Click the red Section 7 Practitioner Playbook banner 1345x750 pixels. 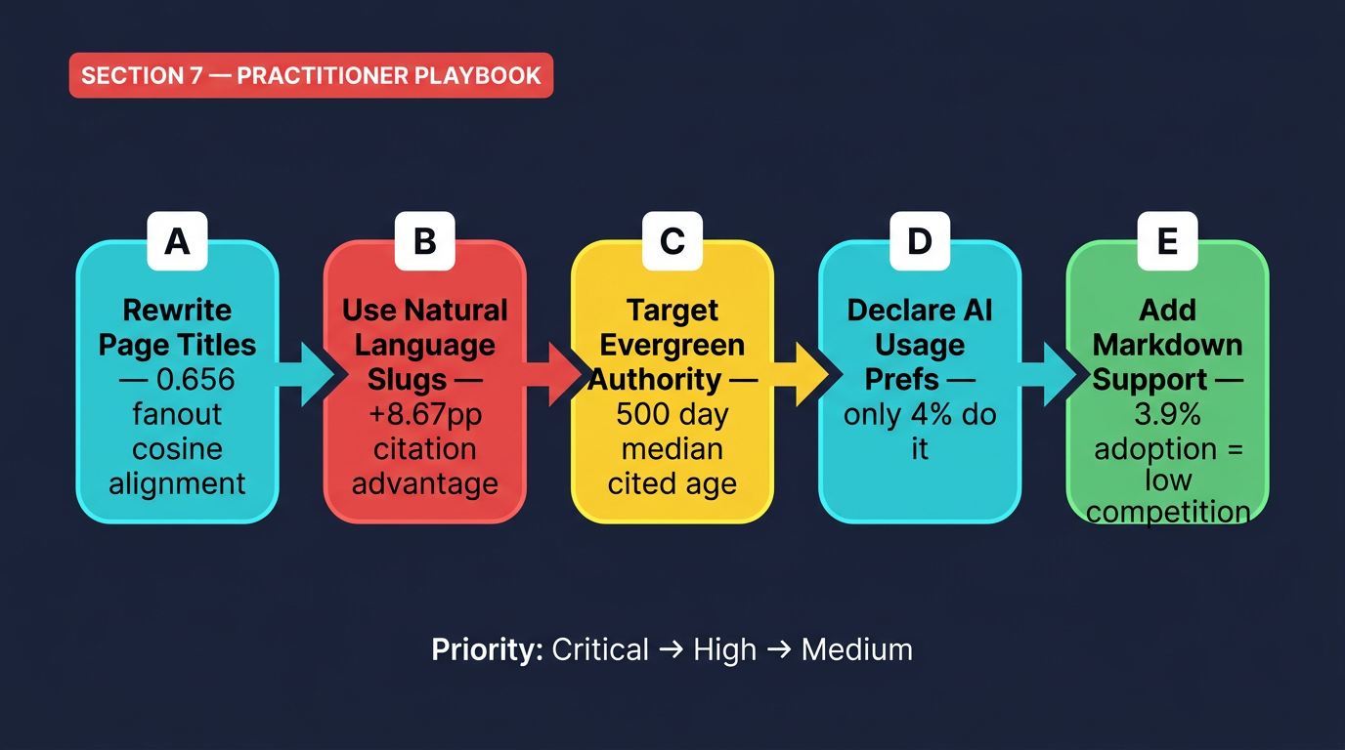coord(311,76)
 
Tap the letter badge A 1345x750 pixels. coord(177,241)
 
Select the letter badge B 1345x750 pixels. coord(424,241)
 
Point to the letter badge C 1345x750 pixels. coord(672,241)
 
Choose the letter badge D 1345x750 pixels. coord(919,241)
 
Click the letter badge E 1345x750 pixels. coord(1166,241)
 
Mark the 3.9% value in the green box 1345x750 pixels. coord(1166,414)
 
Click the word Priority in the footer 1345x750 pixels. coord(486,649)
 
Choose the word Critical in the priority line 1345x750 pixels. coord(600,649)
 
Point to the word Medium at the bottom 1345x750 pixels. coord(856,649)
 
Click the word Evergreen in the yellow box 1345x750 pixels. coord(672,345)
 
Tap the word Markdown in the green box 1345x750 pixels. coord(1167,345)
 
